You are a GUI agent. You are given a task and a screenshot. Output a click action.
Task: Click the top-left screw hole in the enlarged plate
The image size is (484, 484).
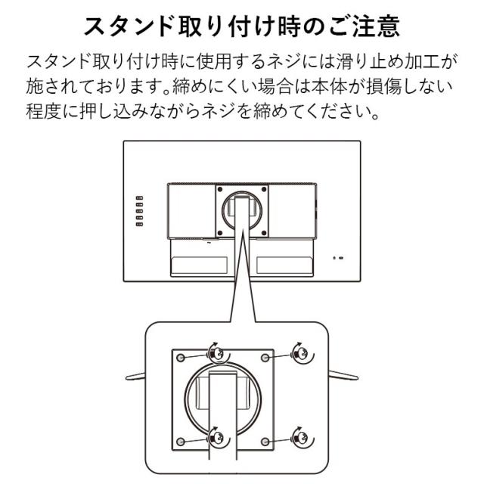click(181, 356)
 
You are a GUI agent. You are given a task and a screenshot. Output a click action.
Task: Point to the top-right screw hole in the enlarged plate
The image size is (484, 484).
click(264, 356)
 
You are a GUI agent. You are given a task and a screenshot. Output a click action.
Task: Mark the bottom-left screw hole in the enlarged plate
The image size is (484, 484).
click(181, 440)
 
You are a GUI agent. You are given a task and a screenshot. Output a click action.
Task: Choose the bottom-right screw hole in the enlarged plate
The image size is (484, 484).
click(264, 440)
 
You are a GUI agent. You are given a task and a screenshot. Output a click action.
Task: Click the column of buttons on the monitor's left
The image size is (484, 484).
click(138, 213)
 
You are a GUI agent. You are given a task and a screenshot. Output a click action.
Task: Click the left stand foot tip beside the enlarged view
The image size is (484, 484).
click(129, 376)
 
